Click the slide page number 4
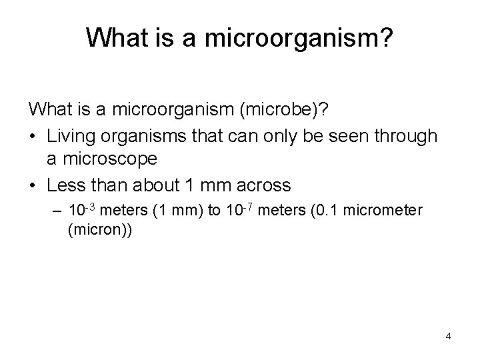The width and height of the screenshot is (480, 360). click(x=448, y=335)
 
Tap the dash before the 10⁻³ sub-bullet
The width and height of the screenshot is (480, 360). click(x=57, y=211)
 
